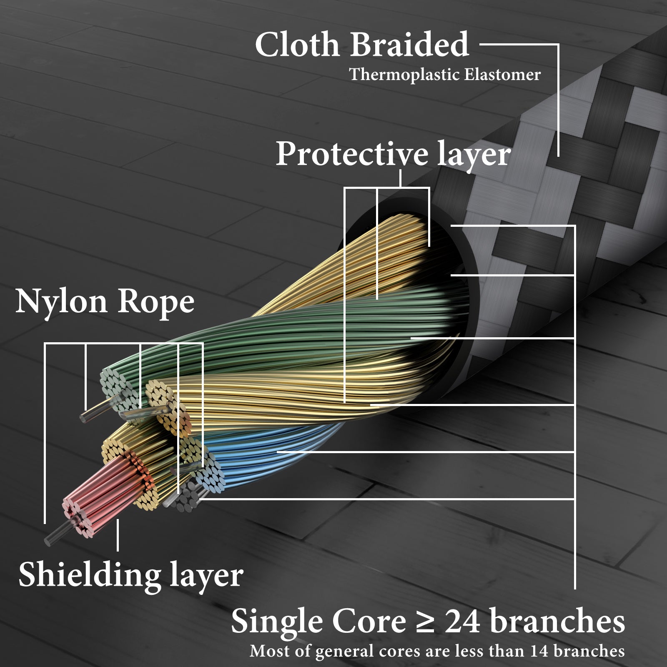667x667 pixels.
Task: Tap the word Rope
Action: click(155, 302)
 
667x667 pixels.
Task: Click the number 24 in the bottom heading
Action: click(462, 621)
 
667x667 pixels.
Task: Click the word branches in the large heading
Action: click(557, 621)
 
